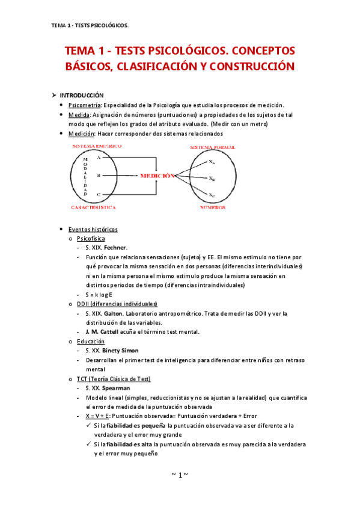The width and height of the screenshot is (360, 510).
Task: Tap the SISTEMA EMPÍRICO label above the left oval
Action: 97,146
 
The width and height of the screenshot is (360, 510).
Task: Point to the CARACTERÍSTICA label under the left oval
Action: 93,207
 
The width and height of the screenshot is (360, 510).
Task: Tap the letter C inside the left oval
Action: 98,194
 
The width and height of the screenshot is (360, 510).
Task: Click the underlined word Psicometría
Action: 86,105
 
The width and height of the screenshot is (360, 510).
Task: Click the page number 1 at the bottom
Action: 180,475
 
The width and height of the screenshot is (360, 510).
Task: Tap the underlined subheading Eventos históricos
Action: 93,229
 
